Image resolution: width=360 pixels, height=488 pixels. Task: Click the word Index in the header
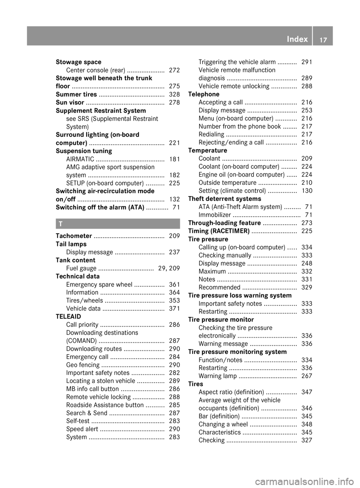click(x=297, y=39)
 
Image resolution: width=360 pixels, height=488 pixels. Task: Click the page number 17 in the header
click(x=323, y=39)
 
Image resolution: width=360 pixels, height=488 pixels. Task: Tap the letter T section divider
click(x=118, y=224)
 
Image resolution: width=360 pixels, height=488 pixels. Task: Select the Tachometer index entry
click(x=74, y=236)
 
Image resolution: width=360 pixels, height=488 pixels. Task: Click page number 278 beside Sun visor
click(x=174, y=102)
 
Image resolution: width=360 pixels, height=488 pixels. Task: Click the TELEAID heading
click(x=68, y=316)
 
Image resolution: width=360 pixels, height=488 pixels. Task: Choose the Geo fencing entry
click(x=82, y=365)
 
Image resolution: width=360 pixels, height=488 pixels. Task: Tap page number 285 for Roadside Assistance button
click(x=174, y=405)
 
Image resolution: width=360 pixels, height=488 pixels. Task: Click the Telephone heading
click(x=204, y=94)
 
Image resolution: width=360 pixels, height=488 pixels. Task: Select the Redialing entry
click(x=211, y=134)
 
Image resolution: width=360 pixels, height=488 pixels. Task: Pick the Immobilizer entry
click(x=214, y=215)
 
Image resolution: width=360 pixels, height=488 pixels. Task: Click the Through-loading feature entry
click(x=224, y=223)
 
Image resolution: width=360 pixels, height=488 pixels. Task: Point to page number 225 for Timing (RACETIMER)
click(x=306, y=231)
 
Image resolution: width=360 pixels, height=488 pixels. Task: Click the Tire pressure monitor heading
click(x=221, y=319)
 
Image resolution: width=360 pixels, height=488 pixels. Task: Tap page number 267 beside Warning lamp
click(x=306, y=376)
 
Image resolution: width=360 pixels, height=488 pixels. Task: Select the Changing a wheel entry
click(x=223, y=424)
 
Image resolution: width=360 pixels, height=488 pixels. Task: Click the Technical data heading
click(x=78, y=276)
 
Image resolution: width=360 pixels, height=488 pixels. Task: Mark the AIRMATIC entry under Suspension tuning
click(x=80, y=159)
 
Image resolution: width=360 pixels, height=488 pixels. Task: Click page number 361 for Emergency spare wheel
click(x=174, y=284)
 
